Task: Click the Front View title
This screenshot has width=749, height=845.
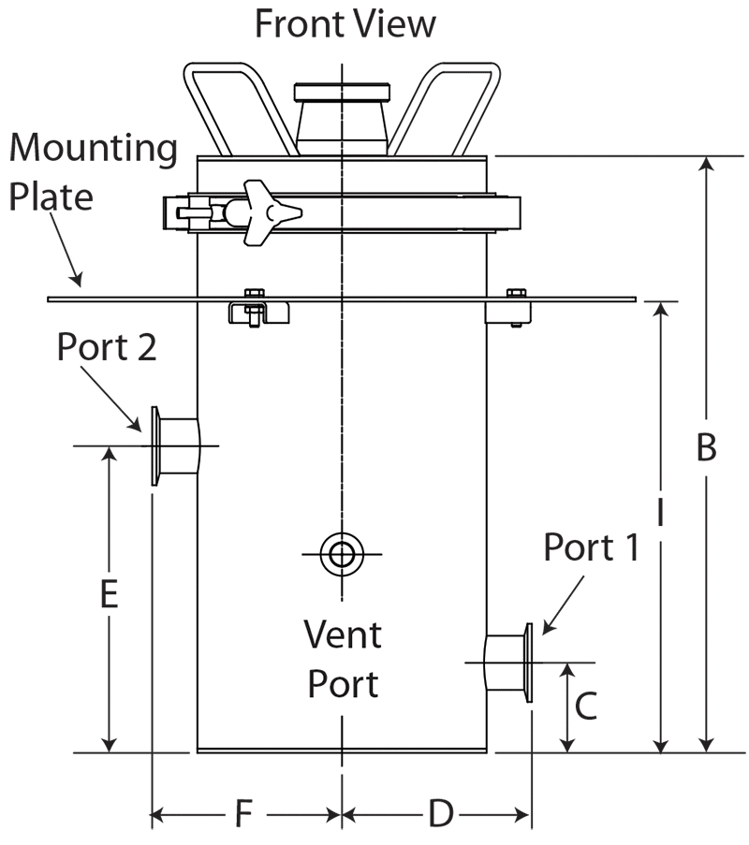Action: coord(345,24)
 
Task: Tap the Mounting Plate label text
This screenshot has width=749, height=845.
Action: coord(93,172)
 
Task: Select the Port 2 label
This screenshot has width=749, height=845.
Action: coord(107,347)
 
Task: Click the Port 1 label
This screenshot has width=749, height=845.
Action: coord(591,547)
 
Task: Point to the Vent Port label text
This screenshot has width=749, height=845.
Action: coord(343,659)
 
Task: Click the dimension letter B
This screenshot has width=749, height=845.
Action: coord(706,447)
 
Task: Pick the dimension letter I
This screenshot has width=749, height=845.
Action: coord(661,512)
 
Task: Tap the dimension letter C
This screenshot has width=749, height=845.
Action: coord(586,706)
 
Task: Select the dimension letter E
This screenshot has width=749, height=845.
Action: coord(110,594)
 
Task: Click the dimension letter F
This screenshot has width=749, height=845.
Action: coord(243,813)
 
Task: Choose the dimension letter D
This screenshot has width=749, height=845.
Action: coord(441,813)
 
